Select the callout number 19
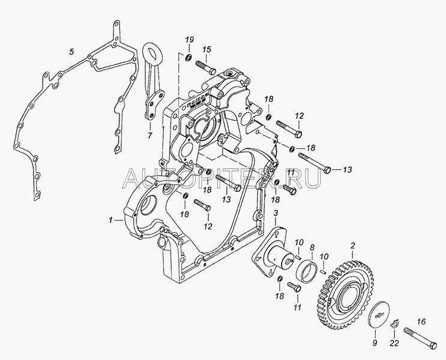point(189,40)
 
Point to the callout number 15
point(206,49)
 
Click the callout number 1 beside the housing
point(110,221)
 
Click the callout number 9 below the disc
point(375,343)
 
